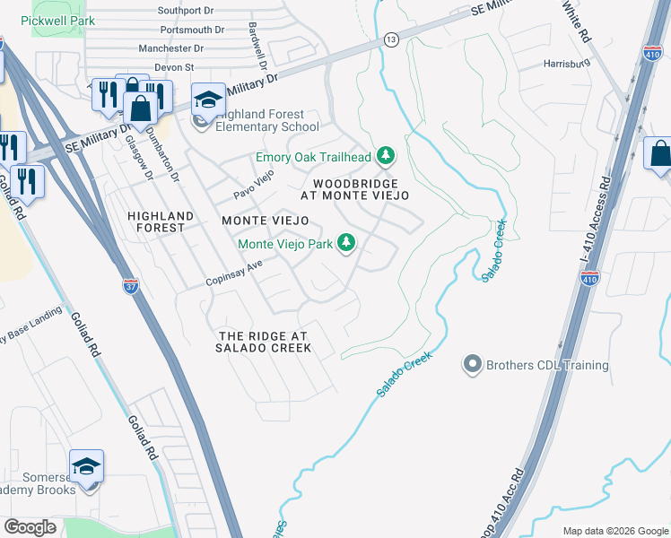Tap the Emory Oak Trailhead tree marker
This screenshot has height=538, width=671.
point(386,157)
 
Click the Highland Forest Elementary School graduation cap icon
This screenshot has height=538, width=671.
point(208,100)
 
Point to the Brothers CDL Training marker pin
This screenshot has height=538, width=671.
point(473,364)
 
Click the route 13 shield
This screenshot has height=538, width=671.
point(391,39)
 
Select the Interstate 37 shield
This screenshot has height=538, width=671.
point(130,286)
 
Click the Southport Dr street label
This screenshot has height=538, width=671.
point(186,11)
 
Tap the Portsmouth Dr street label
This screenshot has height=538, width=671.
point(183,30)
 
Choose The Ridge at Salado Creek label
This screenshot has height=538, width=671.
point(264,342)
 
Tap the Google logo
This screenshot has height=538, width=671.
point(30,527)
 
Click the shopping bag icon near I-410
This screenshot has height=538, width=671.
point(659,154)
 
